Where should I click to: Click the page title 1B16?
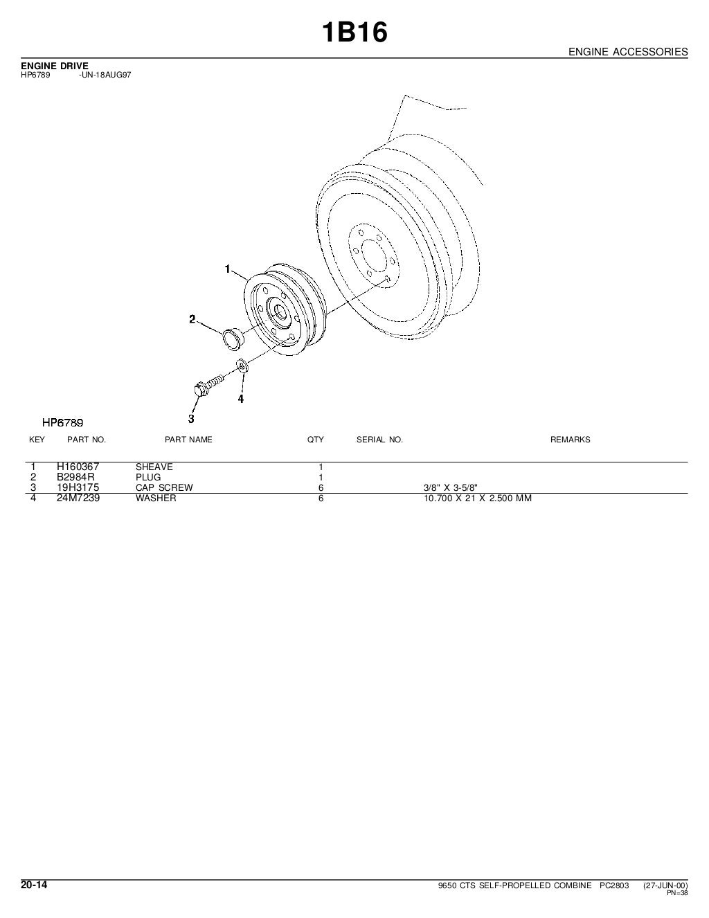(x=354, y=33)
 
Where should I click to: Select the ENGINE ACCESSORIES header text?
(x=628, y=52)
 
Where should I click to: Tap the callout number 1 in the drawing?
(x=227, y=269)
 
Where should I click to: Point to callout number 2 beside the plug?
(x=192, y=319)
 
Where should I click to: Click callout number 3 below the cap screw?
(x=191, y=419)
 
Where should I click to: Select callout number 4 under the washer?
(x=241, y=399)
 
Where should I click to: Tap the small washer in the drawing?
(x=242, y=366)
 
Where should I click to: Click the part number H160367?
(x=78, y=467)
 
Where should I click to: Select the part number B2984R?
(x=75, y=477)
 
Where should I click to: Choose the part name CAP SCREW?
(x=164, y=487)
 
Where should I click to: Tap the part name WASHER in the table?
(x=156, y=498)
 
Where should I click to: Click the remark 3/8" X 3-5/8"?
(x=451, y=487)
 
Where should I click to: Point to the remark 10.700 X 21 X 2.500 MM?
(x=478, y=498)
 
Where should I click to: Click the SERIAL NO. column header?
(x=379, y=440)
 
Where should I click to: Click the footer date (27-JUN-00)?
(x=665, y=885)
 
